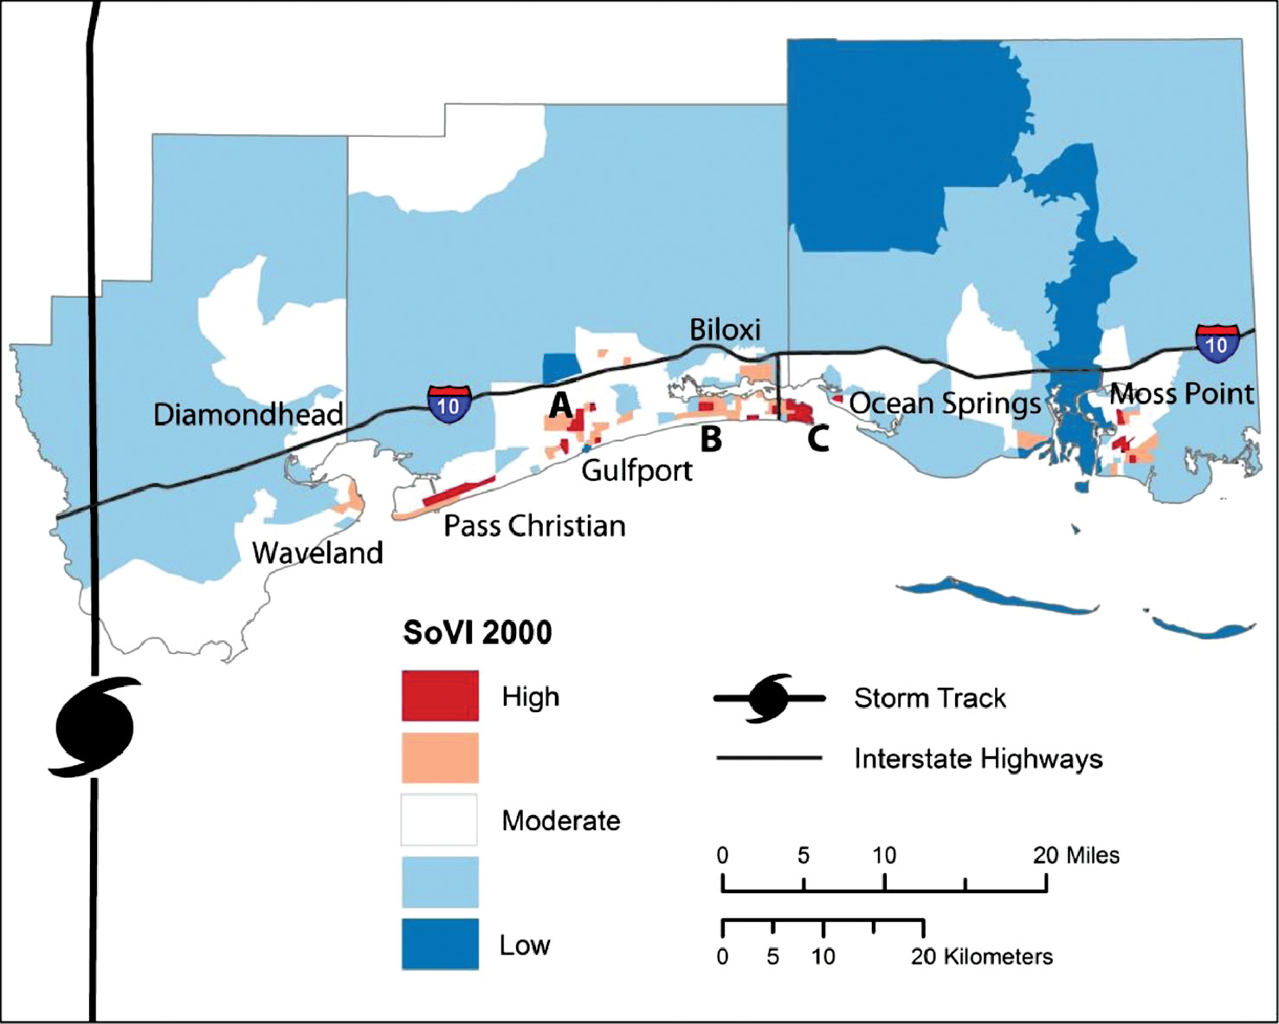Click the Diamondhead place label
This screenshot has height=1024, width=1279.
[248, 414]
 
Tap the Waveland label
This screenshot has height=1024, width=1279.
[318, 553]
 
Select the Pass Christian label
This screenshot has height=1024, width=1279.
[534, 526]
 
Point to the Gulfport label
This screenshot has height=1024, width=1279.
[636, 470]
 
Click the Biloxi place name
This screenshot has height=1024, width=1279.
[725, 330]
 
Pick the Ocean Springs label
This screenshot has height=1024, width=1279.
[945, 404]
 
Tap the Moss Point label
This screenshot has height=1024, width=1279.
[1182, 394]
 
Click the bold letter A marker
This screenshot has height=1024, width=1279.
[561, 405]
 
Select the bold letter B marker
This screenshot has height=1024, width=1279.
[711, 439]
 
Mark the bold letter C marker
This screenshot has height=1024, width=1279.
[818, 438]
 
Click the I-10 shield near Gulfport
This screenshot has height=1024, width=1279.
[449, 405]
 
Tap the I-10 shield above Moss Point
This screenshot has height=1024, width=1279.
[1216, 343]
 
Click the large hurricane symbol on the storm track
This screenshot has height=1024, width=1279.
[94, 726]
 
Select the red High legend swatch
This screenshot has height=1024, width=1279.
[440, 696]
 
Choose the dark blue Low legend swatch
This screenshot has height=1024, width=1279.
[440, 944]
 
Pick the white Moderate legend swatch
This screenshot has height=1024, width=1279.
[440, 820]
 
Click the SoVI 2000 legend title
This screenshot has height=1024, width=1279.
[477, 632]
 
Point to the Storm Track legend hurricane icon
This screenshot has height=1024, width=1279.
[769, 697]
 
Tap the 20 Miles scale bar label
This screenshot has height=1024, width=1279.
[1076, 856]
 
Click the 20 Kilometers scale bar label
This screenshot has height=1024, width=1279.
[982, 957]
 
